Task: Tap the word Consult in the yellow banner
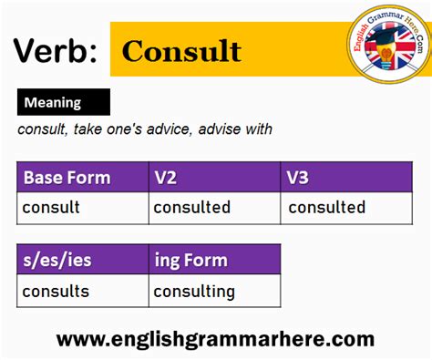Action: [x=181, y=50]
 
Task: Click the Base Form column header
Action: [x=67, y=178]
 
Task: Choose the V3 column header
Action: [x=299, y=178]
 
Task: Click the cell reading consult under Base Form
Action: [x=51, y=208]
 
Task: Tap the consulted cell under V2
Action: [x=191, y=208]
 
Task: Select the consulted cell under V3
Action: [x=326, y=208]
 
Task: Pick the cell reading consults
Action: [x=56, y=292]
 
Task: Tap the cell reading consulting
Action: [x=194, y=292]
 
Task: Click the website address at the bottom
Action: [x=215, y=340]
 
